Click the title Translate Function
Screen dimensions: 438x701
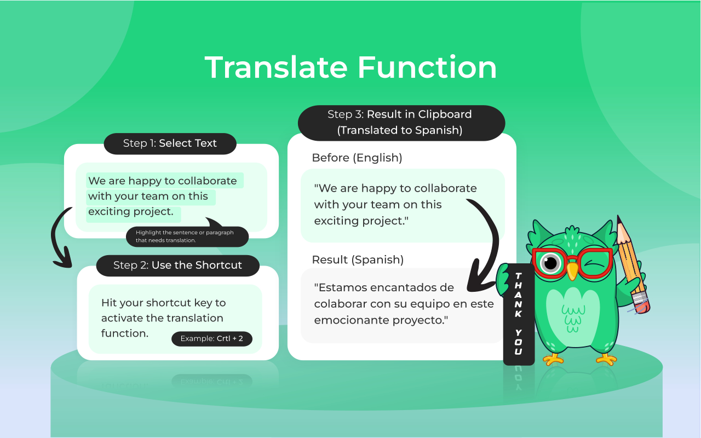tap(350, 67)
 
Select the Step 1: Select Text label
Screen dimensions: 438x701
tap(170, 143)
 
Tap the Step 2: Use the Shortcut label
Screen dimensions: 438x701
tap(177, 265)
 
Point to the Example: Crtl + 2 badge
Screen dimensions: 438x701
tap(216, 338)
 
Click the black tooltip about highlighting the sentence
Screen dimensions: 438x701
tap(186, 236)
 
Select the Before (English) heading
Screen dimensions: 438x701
tap(357, 158)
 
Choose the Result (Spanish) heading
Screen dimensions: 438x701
tap(358, 260)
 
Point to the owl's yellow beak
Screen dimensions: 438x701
tap(572, 270)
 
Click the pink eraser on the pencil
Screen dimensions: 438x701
tap(641, 302)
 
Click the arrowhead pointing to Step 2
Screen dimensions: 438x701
tap(63, 260)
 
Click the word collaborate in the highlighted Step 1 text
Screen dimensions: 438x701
tap(208, 181)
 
